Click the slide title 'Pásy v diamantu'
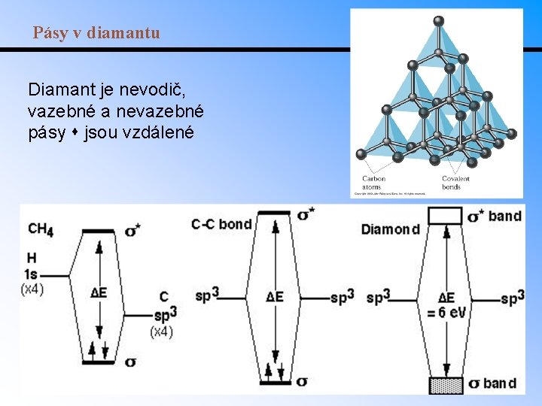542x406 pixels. [96, 33]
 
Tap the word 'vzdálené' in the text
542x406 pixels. [162, 132]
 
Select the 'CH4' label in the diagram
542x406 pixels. [40, 229]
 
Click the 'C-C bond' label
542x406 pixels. [221, 224]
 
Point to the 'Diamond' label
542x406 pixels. [391, 229]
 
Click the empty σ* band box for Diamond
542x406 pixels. [445, 216]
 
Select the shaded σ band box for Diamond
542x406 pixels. [445, 385]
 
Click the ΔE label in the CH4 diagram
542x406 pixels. [98, 292]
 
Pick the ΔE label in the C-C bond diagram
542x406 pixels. [275, 296]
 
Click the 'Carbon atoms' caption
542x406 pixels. [373, 183]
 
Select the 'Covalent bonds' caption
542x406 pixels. [455, 183]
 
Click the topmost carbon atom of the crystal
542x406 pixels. [439, 20]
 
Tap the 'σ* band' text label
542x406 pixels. [495, 217]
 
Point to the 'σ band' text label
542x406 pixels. [492, 384]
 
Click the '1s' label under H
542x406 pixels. [32, 274]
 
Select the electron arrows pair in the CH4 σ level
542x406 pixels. [99, 351]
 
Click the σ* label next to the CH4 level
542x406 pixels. [132, 229]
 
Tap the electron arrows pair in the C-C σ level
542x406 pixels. [275, 371]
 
